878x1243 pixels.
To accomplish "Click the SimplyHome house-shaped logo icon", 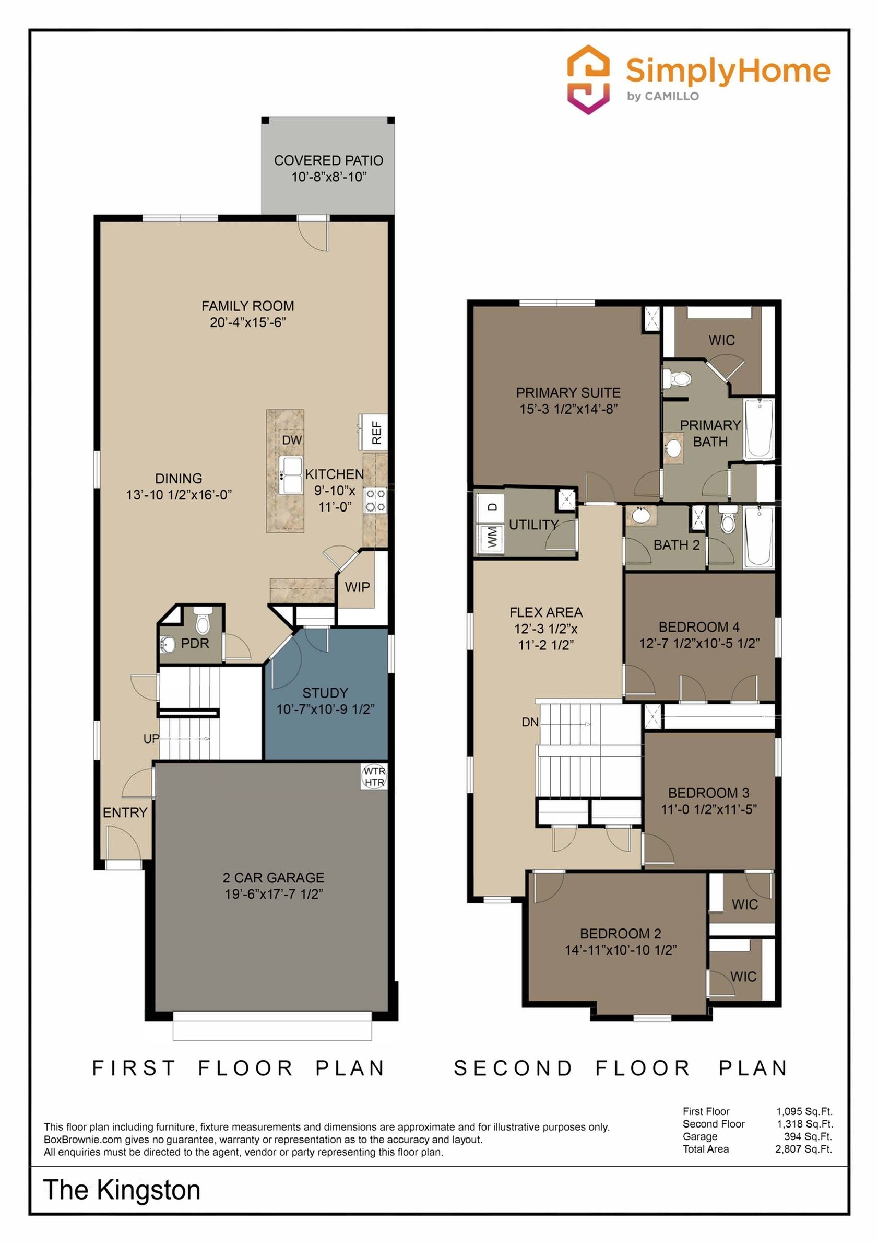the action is pos(588,79).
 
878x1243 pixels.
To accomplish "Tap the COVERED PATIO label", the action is pos(328,160).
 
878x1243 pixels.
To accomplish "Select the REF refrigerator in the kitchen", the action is pos(373,432).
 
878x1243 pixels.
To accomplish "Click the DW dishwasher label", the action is pos(292,439).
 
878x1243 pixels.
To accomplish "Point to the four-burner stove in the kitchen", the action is pos(375,500).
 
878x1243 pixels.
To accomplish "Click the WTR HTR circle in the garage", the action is pos(374,777).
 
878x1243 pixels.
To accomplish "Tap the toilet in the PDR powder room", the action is pos(203,621).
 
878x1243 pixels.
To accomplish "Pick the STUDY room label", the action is pos(325,693).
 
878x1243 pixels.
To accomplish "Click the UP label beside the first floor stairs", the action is pos(151,738).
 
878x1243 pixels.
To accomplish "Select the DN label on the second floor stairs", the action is pos(530,722).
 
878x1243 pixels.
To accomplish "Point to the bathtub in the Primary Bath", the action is pos(759,429).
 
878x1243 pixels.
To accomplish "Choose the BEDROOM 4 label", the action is pos(699,627).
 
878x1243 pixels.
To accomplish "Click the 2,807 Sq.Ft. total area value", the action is pos(804,1149).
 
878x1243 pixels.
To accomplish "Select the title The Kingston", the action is pos(122,1190).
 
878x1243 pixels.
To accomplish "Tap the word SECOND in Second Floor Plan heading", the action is pos(513,1068).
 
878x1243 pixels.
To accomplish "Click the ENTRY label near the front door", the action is pos(125,812).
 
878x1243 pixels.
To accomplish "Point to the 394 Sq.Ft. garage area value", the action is pos(808,1136).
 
